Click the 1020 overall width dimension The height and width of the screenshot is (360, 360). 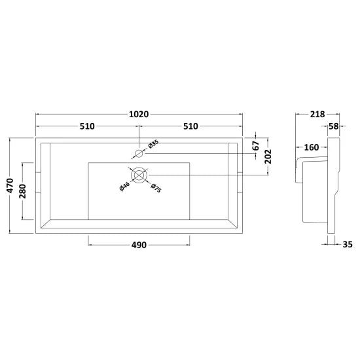click(139, 114)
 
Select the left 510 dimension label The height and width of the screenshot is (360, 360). click(87, 126)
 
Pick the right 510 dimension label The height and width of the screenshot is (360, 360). click(190, 126)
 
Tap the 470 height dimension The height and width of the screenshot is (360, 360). click(10, 185)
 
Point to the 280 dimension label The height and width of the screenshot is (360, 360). click(23, 191)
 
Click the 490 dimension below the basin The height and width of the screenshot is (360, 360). click(139, 245)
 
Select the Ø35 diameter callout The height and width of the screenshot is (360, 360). click(153, 145)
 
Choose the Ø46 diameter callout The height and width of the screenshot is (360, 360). click(124, 186)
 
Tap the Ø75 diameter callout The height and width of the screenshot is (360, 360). click(156, 188)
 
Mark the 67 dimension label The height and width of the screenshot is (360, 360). click(255, 145)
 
